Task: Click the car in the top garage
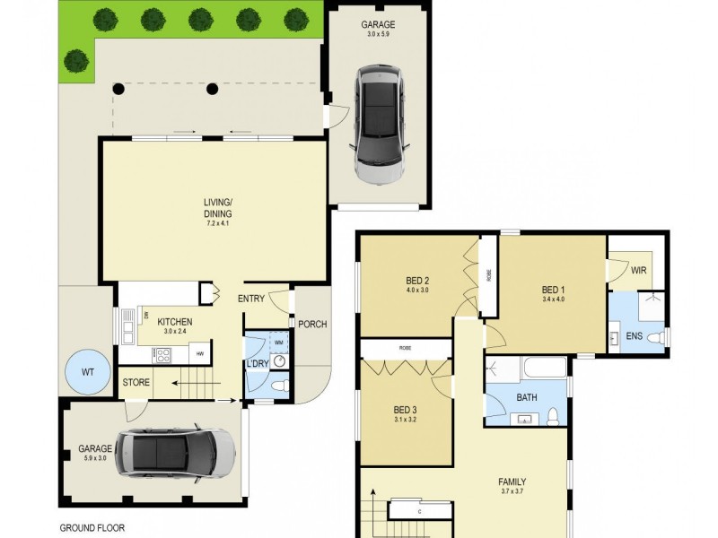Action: (381, 124)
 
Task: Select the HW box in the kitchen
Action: (201, 354)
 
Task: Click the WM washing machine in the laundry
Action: (278, 343)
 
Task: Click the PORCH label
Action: (312, 325)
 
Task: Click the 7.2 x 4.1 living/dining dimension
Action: (217, 223)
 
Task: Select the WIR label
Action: (639, 270)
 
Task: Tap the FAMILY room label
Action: (512, 482)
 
